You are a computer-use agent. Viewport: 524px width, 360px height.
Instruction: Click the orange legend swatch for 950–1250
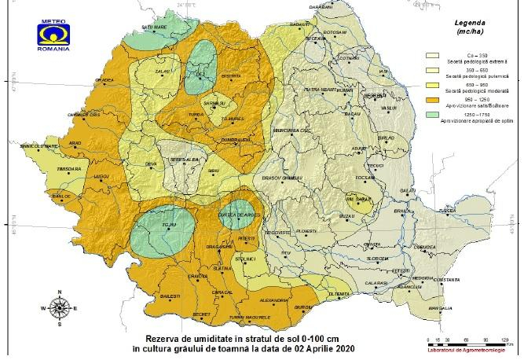431,100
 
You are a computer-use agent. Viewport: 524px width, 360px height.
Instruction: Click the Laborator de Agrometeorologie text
471,351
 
